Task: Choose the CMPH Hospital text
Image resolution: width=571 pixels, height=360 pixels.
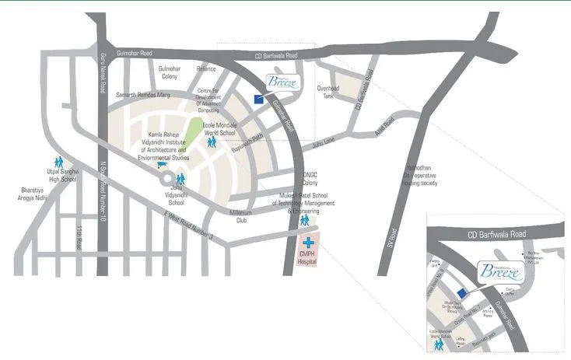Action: (x=309, y=260)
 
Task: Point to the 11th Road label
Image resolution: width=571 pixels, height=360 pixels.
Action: (x=79, y=243)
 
